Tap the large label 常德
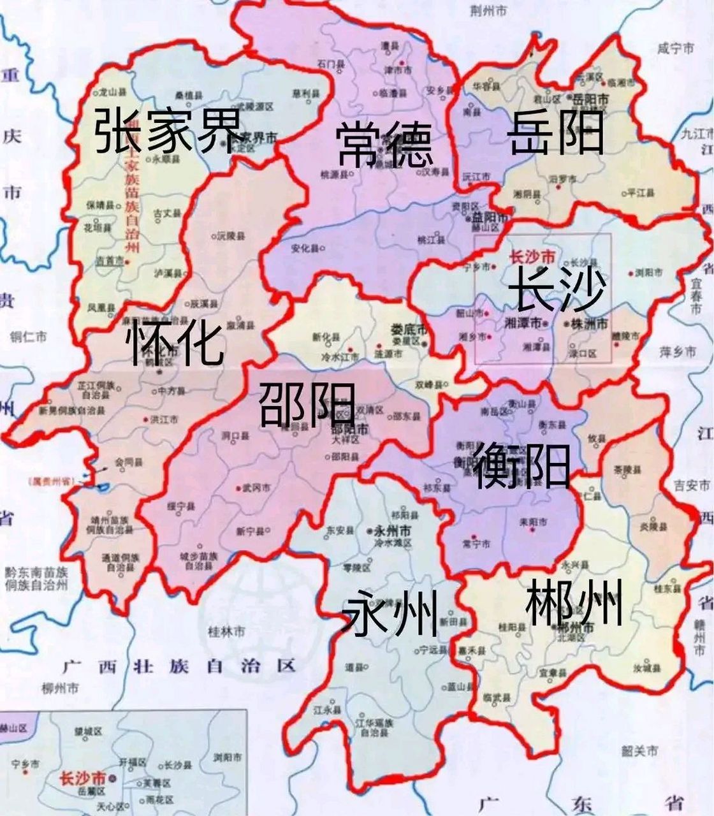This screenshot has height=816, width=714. [384, 144]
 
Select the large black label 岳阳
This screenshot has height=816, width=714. [556, 132]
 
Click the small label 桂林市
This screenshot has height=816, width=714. [226, 632]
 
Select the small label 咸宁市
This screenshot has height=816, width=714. [675, 48]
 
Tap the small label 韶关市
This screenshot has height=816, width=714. [639, 752]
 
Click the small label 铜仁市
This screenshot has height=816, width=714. [29, 337]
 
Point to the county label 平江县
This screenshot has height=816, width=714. [637, 192]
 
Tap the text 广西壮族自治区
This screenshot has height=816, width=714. [179, 666]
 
